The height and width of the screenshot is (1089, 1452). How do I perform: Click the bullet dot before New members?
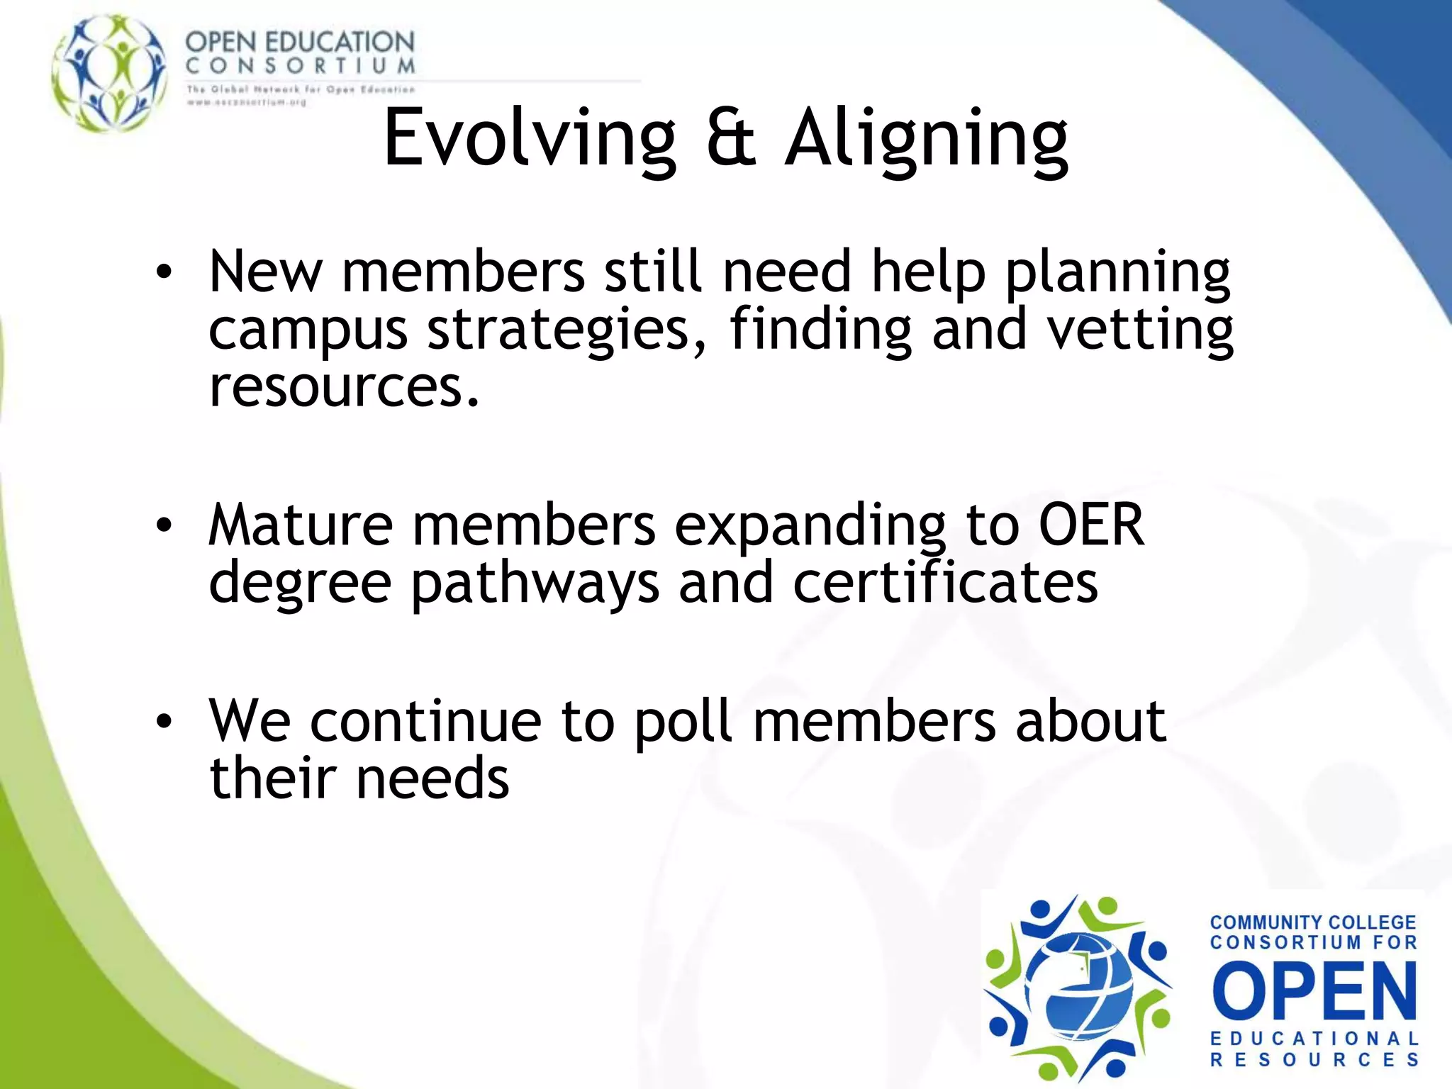click(x=164, y=272)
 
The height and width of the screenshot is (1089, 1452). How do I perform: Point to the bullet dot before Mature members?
click(x=164, y=525)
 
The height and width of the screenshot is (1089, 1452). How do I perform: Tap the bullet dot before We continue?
click(x=164, y=721)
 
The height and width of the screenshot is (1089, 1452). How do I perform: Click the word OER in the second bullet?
click(x=1091, y=525)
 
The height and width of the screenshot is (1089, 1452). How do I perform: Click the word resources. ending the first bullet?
click(x=345, y=387)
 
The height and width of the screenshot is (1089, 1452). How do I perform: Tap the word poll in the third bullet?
click(x=683, y=721)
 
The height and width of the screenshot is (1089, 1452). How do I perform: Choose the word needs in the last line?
click(x=432, y=778)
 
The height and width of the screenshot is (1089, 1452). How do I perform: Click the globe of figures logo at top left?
click(x=110, y=72)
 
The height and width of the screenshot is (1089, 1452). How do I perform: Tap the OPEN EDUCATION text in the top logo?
click(x=300, y=42)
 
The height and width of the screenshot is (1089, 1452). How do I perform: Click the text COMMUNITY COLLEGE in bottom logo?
click(x=1312, y=922)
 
